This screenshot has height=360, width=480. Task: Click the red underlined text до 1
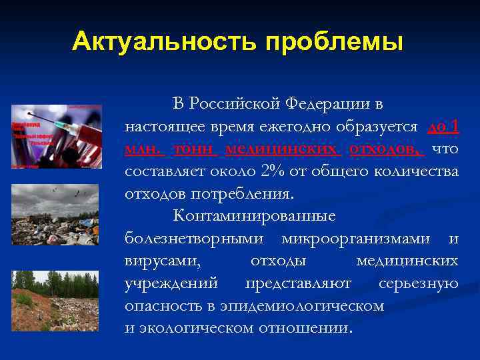(443, 127)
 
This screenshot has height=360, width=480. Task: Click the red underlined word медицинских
(283, 149)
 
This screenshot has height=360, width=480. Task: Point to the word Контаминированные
(255, 217)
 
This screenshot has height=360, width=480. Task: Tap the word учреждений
(171, 283)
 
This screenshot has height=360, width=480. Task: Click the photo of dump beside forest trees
(56, 300)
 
